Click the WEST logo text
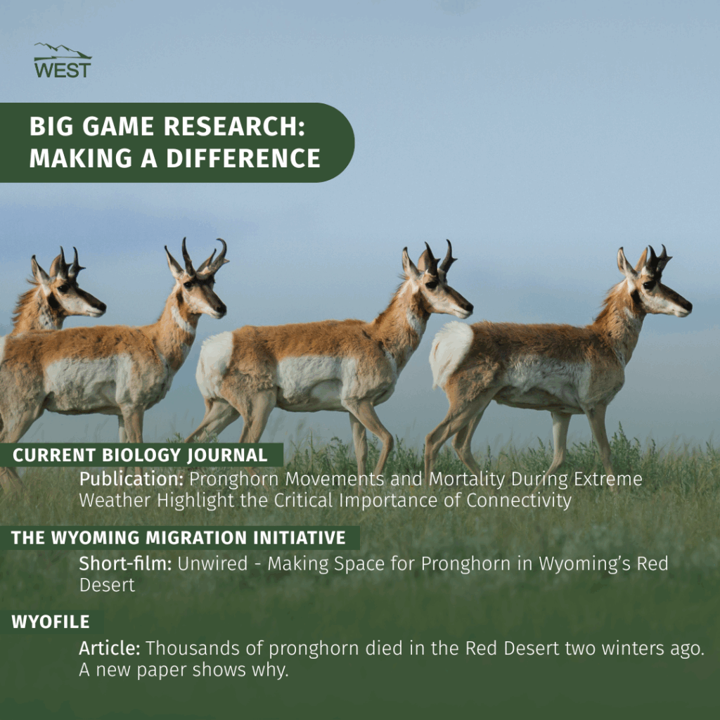(63, 70)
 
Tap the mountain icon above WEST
(63, 51)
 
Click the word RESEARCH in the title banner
(234, 127)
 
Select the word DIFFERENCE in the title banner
(243, 158)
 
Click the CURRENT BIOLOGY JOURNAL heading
(140, 455)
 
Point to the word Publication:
(131, 479)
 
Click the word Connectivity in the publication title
(519, 501)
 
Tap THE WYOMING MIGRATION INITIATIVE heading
(178, 538)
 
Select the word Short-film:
(125, 563)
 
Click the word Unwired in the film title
(212, 563)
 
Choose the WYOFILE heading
(51, 622)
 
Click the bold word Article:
(109, 648)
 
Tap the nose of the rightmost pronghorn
(686, 305)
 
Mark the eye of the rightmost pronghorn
(649, 285)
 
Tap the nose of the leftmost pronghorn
(101, 307)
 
